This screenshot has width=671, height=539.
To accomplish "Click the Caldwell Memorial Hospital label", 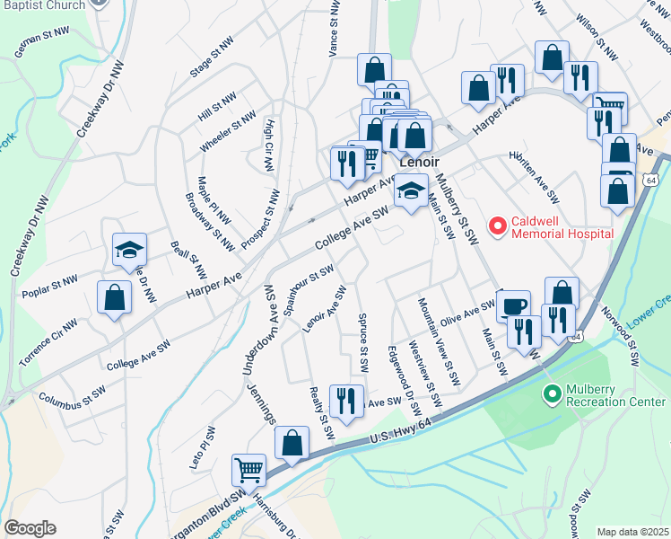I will tap(562, 227).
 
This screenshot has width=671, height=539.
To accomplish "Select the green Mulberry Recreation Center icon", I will tap(553, 393).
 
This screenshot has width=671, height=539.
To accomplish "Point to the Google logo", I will tap(30, 528).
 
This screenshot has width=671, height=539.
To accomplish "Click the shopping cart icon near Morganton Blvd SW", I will tap(248, 469).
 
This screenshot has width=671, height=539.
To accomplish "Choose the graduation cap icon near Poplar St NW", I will tap(129, 249).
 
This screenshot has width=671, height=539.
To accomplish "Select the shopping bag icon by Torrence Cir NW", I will tap(114, 298).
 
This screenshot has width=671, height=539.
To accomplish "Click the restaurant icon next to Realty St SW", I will tap(346, 400).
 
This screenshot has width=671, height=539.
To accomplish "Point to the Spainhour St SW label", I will tap(309, 288).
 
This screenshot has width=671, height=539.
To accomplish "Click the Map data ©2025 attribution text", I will tap(633, 532).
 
